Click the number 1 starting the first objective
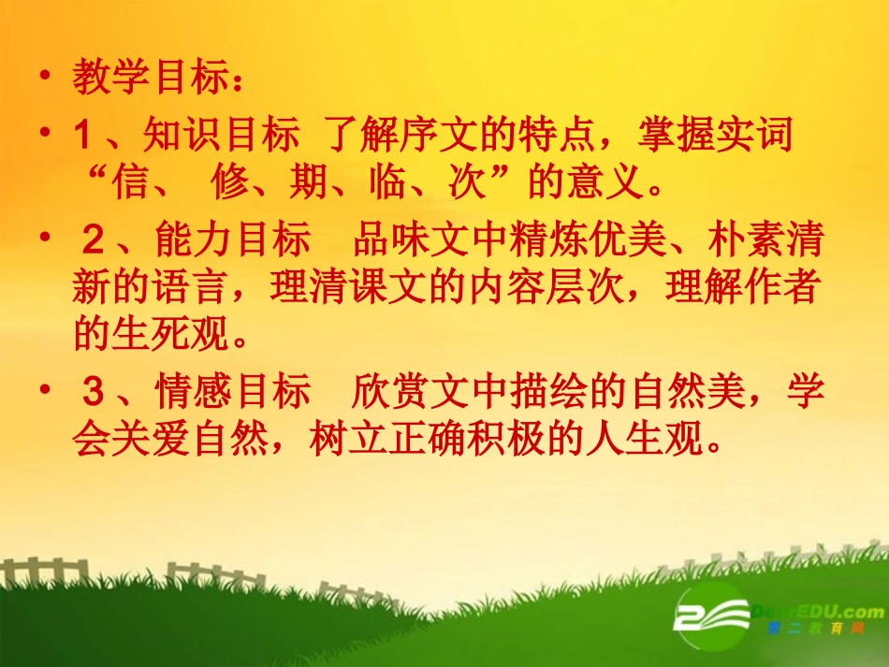point(81,138)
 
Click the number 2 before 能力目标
point(93,242)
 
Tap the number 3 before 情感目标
point(93,394)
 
